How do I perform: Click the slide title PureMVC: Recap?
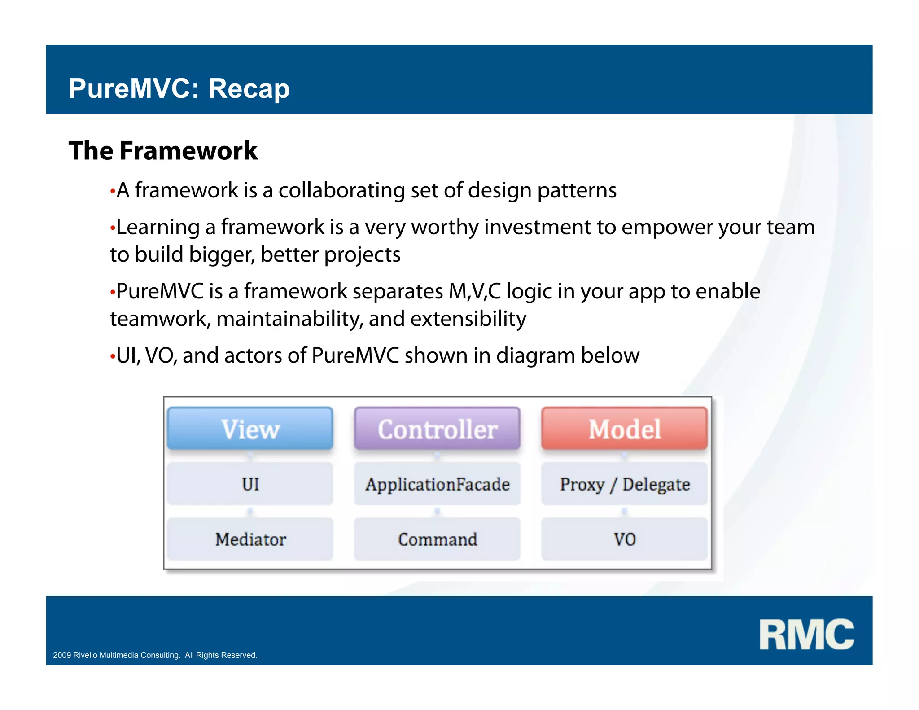179,88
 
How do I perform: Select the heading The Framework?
163,150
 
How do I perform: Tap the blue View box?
250,429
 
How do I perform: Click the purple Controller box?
437,429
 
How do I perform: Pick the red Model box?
624,429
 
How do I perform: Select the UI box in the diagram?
250,484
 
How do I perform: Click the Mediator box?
250,539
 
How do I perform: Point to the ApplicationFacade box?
437,484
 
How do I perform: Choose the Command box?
437,539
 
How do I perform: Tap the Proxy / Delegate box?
624,484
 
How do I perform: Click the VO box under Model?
624,539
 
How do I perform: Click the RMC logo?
806,634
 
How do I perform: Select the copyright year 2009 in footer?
62,655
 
